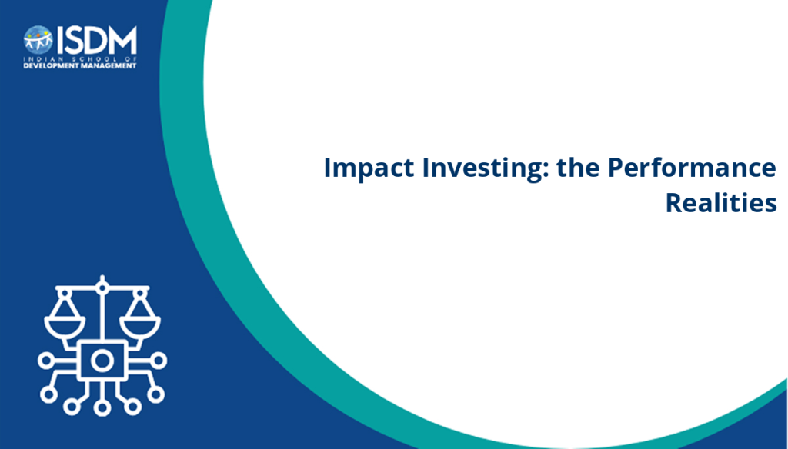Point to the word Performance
tap(692, 167)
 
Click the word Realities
tap(721, 202)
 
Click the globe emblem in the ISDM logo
tap(38, 40)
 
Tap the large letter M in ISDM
tap(122, 40)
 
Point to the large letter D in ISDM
tap(95, 40)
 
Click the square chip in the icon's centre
tap(102, 360)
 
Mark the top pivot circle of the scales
tap(102, 288)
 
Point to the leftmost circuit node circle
tap(45, 361)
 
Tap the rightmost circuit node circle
tap(159, 361)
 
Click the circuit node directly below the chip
tap(102, 407)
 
